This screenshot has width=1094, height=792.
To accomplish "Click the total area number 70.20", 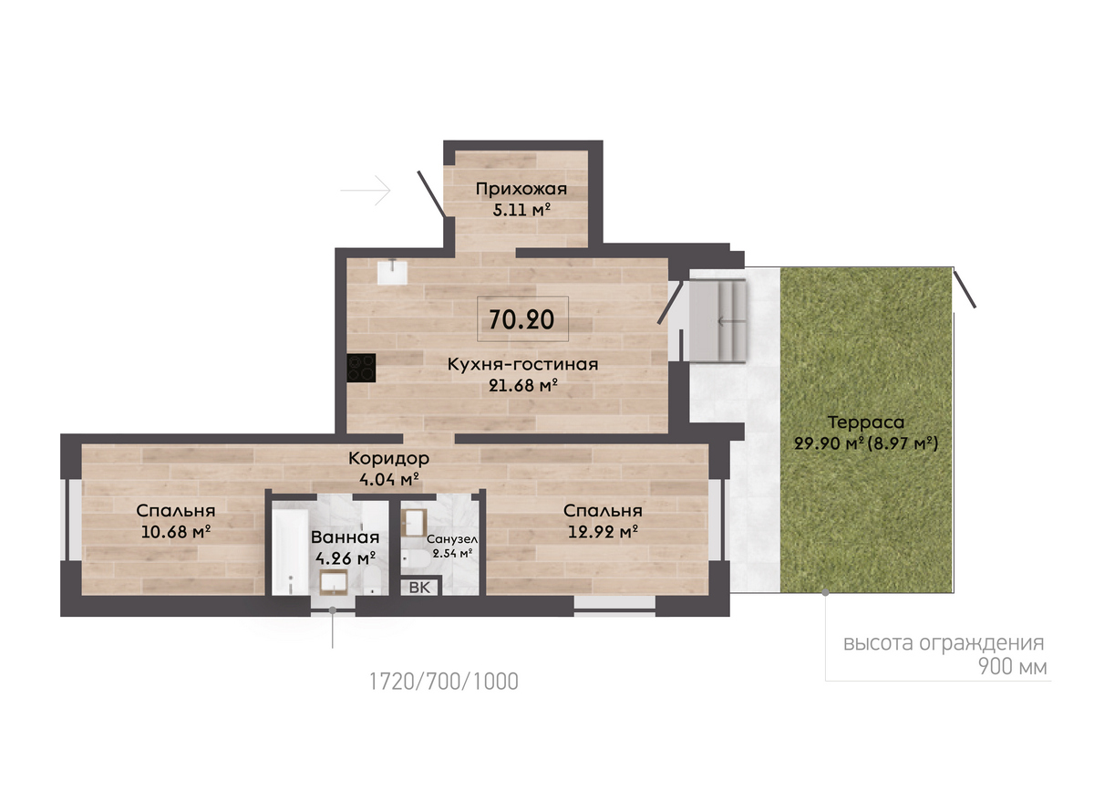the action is pyautogui.click(x=521, y=319).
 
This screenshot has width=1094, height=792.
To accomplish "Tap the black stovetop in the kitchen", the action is pyautogui.click(x=361, y=368).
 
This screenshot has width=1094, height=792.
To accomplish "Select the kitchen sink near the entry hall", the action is pyautogui.click(x=392, y=271).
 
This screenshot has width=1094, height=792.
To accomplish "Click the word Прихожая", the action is pyautogui.click(x=521, y=189).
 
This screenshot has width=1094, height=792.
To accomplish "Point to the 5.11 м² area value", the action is pyautogui.click(x=521, y=210).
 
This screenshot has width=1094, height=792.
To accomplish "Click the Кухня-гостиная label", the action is pyautogui.click(x=522, y=364).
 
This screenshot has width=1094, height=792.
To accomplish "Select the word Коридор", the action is pyautogui.click(x=388, y=459).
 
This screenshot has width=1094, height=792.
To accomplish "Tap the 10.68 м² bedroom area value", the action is pyautogui.click(x=176, y=531).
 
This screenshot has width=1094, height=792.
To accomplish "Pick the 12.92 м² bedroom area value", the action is pyautogui.click(x=603, y=531).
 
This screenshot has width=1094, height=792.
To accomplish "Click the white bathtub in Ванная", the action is pyautogui.click(x=291, y=552).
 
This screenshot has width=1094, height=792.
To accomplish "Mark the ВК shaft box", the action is pyautogui.click(x=419, y=587).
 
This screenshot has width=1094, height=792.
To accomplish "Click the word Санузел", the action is pyautogui.click(x=452, y=539).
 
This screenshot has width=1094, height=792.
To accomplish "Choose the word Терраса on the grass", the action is pyautogui.click(x=866, y=422).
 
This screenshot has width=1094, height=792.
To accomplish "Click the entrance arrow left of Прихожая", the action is pyautogui.click(x=366, y=190).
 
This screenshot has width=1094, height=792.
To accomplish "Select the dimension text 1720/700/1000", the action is pyautogui.click(x=443, y=682).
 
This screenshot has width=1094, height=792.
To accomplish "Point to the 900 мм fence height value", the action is pyautogui.click(x=1013, y=667).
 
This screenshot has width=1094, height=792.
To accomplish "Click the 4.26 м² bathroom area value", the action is pyautogui.click(x=346, y=558).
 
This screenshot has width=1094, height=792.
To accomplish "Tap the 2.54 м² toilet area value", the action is pyautogui.click(x=452, y=554).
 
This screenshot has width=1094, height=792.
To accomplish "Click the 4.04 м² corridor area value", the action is pyautogui.click(x=389, y=479).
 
